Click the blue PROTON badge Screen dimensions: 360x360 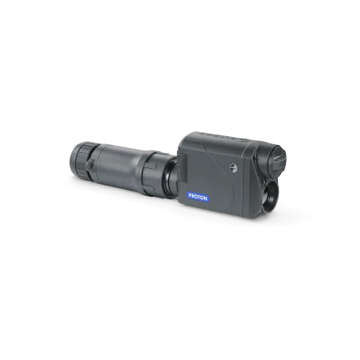pos(198,197)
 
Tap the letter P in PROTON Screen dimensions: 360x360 pos(190,195)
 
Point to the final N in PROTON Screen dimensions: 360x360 pos(205,198)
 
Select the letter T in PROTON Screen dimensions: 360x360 pos(198,197)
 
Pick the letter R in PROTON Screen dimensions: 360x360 pos(193,196)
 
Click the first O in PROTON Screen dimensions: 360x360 pos(195,196)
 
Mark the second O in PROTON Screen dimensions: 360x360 pos(202,198)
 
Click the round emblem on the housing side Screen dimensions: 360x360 pos(233,168)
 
